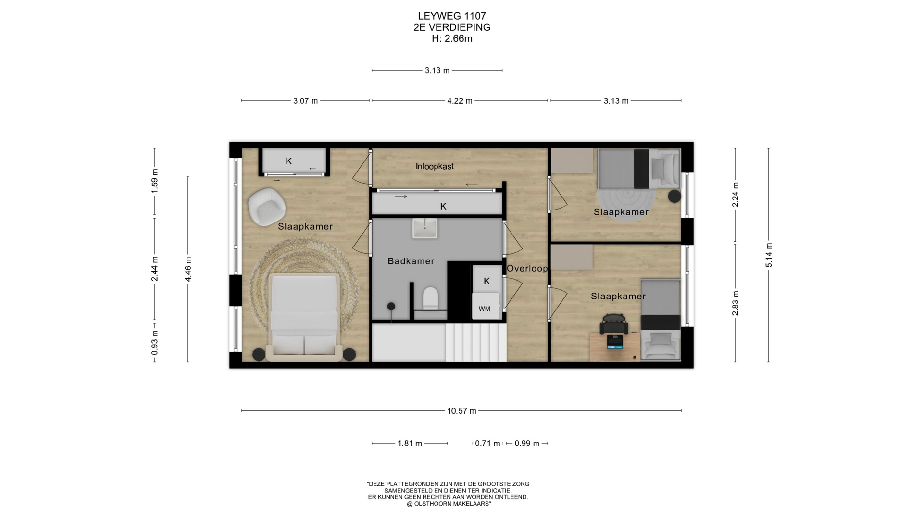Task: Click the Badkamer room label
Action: [x=411, y=261]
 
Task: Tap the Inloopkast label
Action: [x=435, y=166]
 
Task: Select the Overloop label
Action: [x=527, y=268]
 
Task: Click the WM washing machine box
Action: [x=485, y=309]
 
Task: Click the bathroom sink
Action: [x=425, y=228]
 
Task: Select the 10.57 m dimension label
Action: [x=461, y=411]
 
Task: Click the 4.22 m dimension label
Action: [x=460, y=101]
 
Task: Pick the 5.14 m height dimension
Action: [x=769, y=256]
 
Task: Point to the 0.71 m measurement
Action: [x=487, y=443]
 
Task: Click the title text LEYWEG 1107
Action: [x=452, y=16]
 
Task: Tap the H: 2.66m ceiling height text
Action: [x=452, y=38]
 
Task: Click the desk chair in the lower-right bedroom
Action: [x=614, y=324]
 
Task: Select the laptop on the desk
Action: [x=615, y=342]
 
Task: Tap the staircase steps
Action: [x=476, y=343]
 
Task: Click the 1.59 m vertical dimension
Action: [x=154, y=182]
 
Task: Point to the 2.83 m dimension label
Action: [x=735, y=303]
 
